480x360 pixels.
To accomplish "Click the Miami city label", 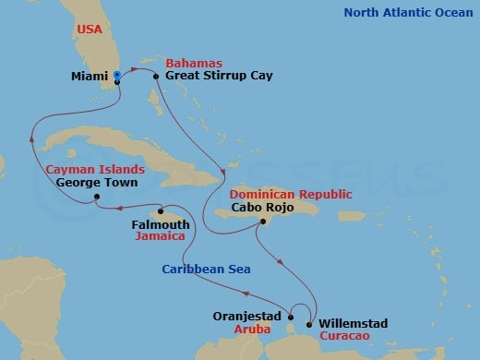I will coord(89,78).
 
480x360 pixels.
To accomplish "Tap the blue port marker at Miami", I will coord(117,77).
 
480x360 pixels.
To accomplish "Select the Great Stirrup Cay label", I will coord(211,78).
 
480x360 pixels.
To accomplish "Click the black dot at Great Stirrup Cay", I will coord(156,78).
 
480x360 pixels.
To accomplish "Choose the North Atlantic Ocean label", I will coord(409,13).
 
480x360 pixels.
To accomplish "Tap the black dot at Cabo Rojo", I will coord(264,222).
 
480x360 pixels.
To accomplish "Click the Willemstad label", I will coord(353,324).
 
